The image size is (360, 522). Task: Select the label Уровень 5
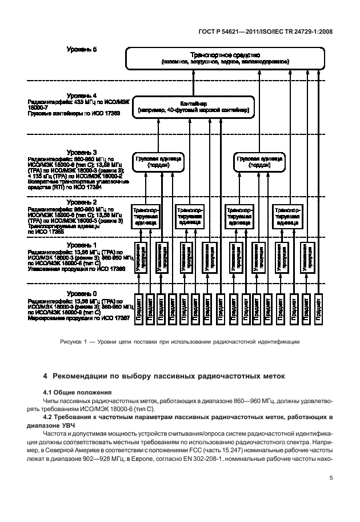(82, 50)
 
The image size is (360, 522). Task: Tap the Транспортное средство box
(223, 58)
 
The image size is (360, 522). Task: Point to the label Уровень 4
(82, 95)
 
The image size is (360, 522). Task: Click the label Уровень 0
(82, 293)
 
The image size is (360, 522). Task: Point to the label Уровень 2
(82, 202)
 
